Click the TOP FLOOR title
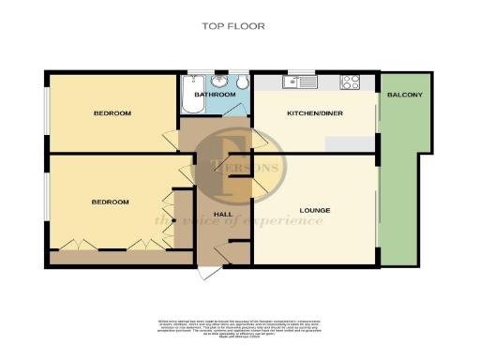(233, 26)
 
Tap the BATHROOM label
(215, 95)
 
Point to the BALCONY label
(405, 95)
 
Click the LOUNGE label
(314, 210)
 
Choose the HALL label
(223, 215)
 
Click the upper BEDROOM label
(112, 113)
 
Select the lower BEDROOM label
(110, 202)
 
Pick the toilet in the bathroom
(242, 82)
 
